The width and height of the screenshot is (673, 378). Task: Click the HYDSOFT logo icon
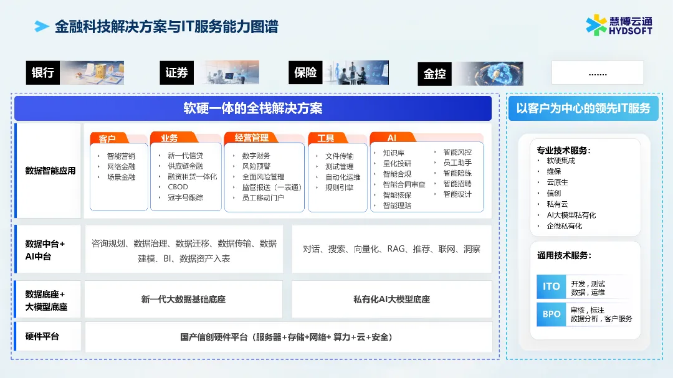point(596,25)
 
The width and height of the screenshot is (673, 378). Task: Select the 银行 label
point(43,73)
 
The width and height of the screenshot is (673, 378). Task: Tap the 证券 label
point(176,73)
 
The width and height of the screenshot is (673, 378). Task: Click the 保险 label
point(306,72)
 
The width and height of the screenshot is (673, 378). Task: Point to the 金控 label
point(434,73)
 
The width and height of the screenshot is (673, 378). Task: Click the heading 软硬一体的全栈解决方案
point(252,108)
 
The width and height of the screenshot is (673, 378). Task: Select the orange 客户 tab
point(108,138)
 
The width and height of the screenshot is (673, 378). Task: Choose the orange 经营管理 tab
point(252,138)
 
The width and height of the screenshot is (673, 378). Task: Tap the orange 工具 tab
point(326,138)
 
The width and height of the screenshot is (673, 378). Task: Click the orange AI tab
point(392,138)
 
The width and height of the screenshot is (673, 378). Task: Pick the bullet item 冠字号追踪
point(185,197)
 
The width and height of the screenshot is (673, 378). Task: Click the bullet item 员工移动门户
point(262,198)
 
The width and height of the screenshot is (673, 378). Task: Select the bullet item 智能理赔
point(397,205)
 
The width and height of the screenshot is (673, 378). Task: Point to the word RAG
point(396,249)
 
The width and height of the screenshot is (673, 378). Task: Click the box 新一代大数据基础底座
point(183,300)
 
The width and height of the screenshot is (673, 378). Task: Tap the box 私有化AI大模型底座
point(391,300)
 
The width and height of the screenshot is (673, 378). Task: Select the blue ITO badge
point(551,286)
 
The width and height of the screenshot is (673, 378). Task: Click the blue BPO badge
point(551,314)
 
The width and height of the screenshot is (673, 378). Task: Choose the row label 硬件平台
point(42,337)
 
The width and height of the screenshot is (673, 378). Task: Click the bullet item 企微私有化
point(565,225)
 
